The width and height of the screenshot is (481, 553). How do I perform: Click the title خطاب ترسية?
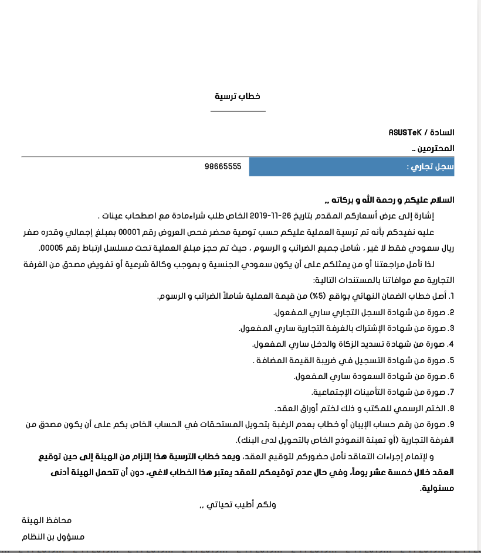pyautogui.click(x=237, y=96)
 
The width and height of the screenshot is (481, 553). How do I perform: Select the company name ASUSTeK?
pyautogui.click(x=405, y=132)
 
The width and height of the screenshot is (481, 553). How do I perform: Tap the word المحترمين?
pyautogui.click(x=437, y=149)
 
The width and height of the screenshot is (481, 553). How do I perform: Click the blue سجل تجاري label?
pyautogui.click(x=431, y=167)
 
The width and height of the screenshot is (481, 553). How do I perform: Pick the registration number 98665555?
pyautogui.click(x=223, y=167)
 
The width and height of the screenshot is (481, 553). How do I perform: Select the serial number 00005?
pyautogui.click(x=50, y=248)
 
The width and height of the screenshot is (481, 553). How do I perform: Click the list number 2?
pyautogui.click(x=452, y=312)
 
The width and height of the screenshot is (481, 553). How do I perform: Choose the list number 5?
pyautogui.click(x=452, y=360)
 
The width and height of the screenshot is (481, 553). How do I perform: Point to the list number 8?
pyautogui.click(x=452, y=408)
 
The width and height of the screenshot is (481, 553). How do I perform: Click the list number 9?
pyautogui.click(x=452, y=424)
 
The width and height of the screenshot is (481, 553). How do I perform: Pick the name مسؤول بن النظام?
pyautogui.click(x=53, y=537)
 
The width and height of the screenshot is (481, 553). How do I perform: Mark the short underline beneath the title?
pyautogui.click(x=237, y=111)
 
